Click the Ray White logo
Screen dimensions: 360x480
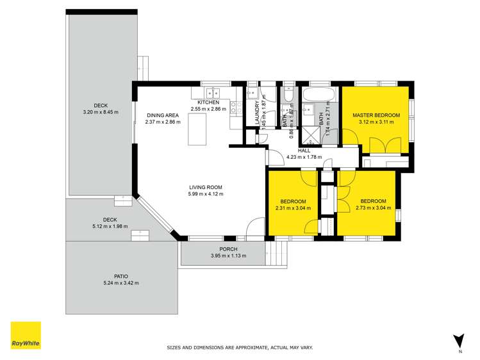[x=26, y=336]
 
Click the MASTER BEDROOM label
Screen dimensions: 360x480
[x=376, y=115]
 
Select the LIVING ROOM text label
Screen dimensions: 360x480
[x=206, y=187]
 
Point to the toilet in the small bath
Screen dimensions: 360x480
[x=288, y=96]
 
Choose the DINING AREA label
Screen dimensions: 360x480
[x=160, y=115]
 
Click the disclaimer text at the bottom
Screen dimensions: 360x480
[x=240, y=348]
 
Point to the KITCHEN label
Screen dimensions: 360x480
[x=208, y=102]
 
